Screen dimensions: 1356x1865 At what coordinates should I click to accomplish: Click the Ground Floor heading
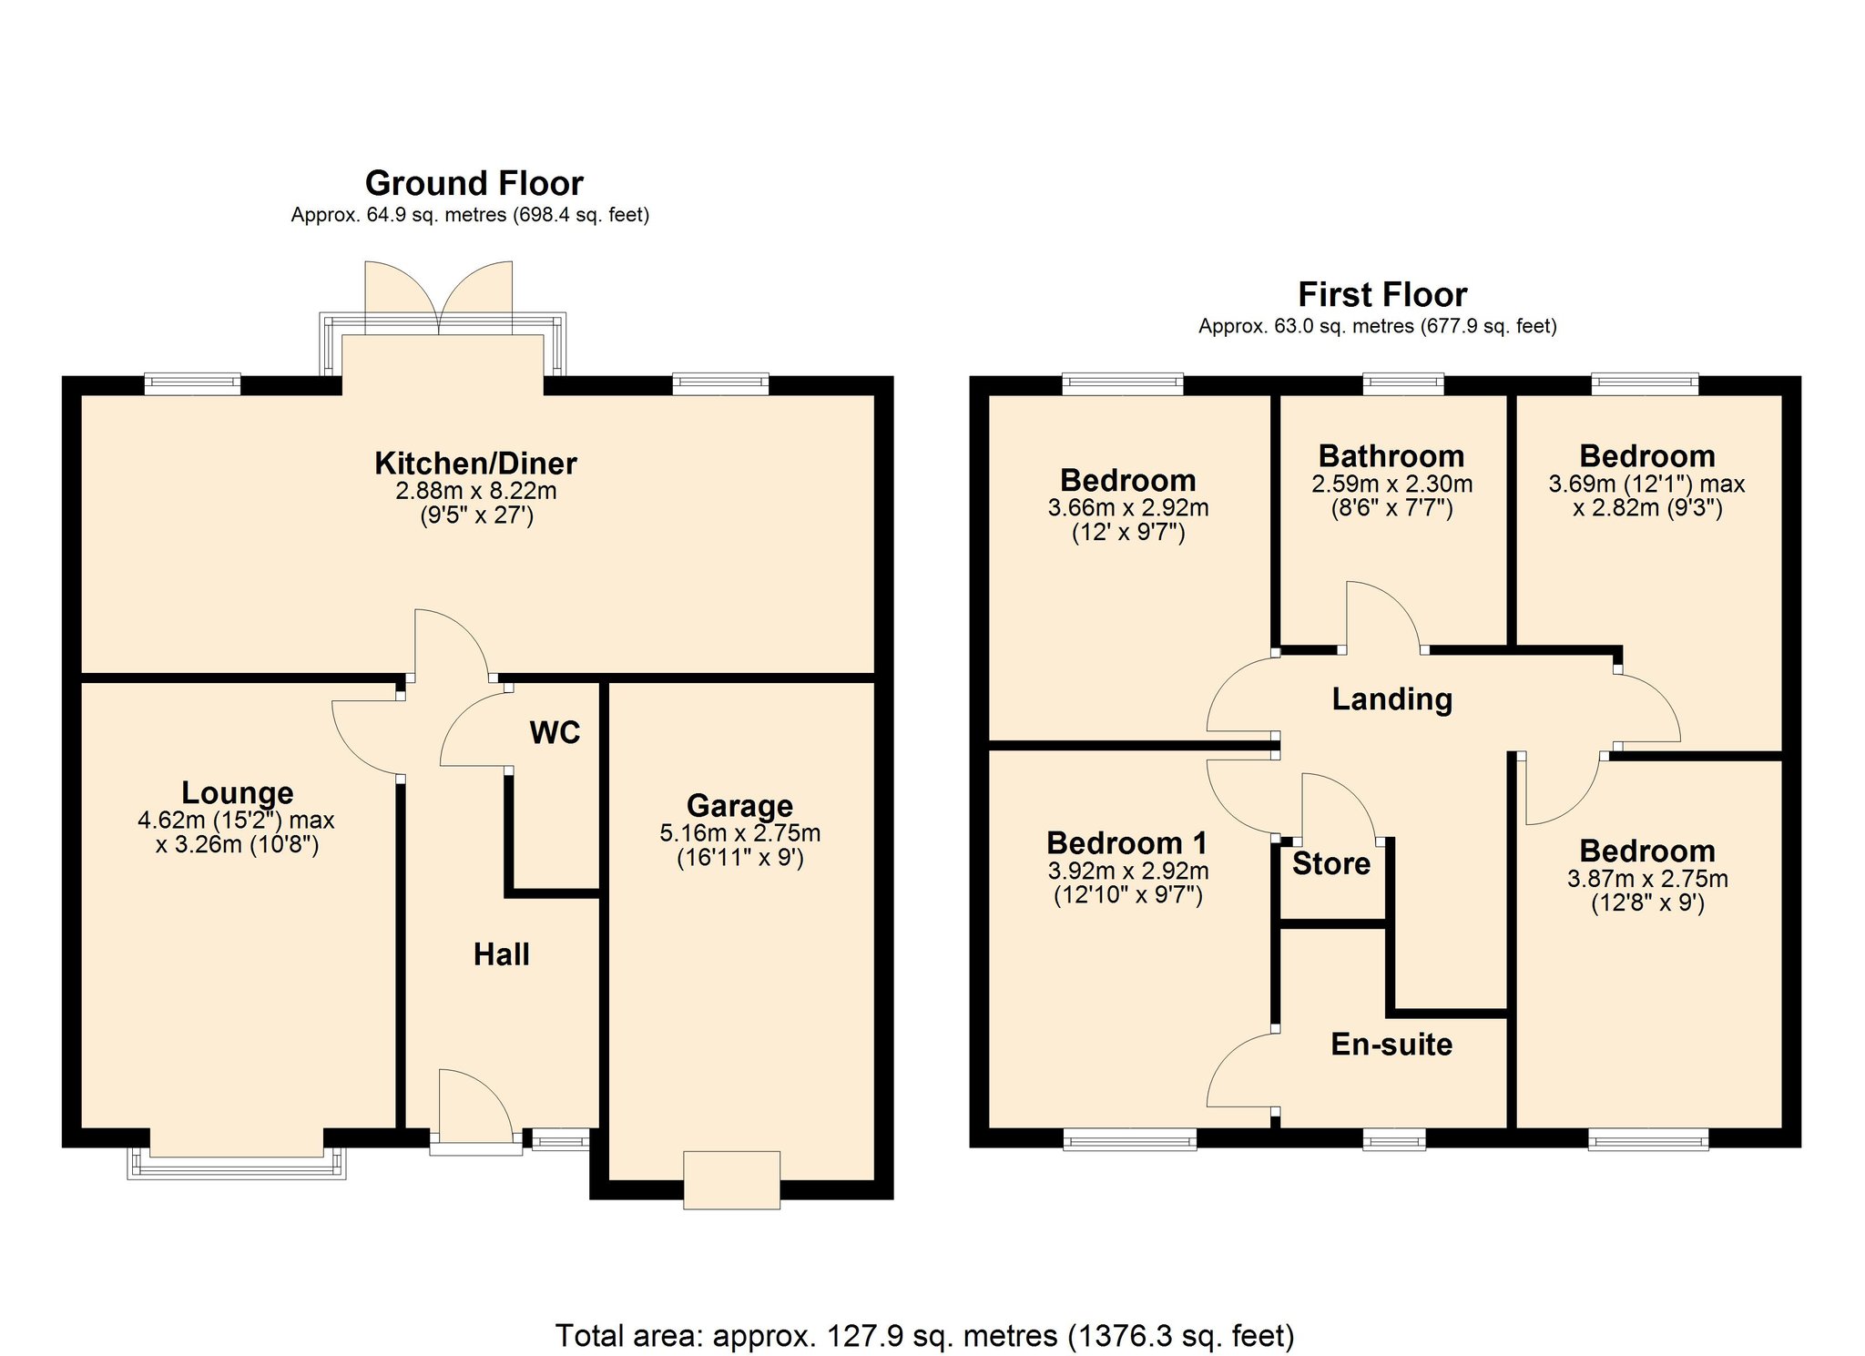click(x=474, y=183)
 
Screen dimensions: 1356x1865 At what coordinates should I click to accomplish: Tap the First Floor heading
click(x=1381, y=294)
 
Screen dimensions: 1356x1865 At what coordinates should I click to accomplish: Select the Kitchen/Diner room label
click(x=475, y=463)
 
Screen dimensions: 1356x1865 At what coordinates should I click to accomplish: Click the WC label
click(x=555, y=732)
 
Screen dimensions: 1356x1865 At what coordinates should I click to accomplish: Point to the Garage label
click(x=739, y=805)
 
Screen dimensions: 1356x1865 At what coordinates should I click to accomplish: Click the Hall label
click(x=501, y=954)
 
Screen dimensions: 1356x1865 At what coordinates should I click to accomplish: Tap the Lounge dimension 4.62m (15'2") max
click(x=236, y=820)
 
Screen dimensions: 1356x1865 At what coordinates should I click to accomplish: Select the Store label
click(x=1330, y=863)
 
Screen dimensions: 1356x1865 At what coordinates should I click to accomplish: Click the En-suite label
click(x=1391, y=1044)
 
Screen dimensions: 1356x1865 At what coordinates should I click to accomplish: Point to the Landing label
click(x=1391, y=698)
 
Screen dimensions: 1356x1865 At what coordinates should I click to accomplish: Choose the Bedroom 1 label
click(x=1126, y=842)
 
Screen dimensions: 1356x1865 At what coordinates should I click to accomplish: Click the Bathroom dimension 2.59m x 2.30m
click(x=1391, y=484)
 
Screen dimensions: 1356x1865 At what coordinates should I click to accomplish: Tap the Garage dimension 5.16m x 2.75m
click(x=739, y=832)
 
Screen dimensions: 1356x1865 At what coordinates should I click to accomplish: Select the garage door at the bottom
click(x=731, y=1180)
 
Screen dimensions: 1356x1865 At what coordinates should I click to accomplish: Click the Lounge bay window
click(x=237, y=1163)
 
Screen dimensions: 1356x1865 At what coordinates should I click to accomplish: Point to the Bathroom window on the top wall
click(x=1402, y=383)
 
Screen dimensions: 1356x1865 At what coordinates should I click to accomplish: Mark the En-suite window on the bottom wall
click(x=1393, y=1138)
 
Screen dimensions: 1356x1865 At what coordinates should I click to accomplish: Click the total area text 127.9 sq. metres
click(x=942, y=1336)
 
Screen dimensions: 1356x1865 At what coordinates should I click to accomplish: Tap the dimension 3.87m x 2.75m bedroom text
click(x=1646, y=879)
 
